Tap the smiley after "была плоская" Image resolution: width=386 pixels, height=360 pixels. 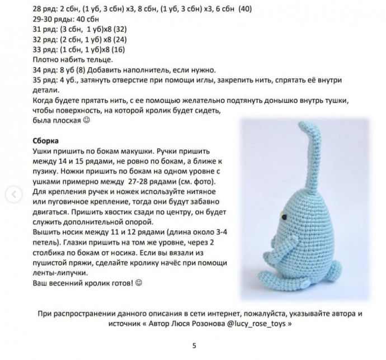tap(86, 120)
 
